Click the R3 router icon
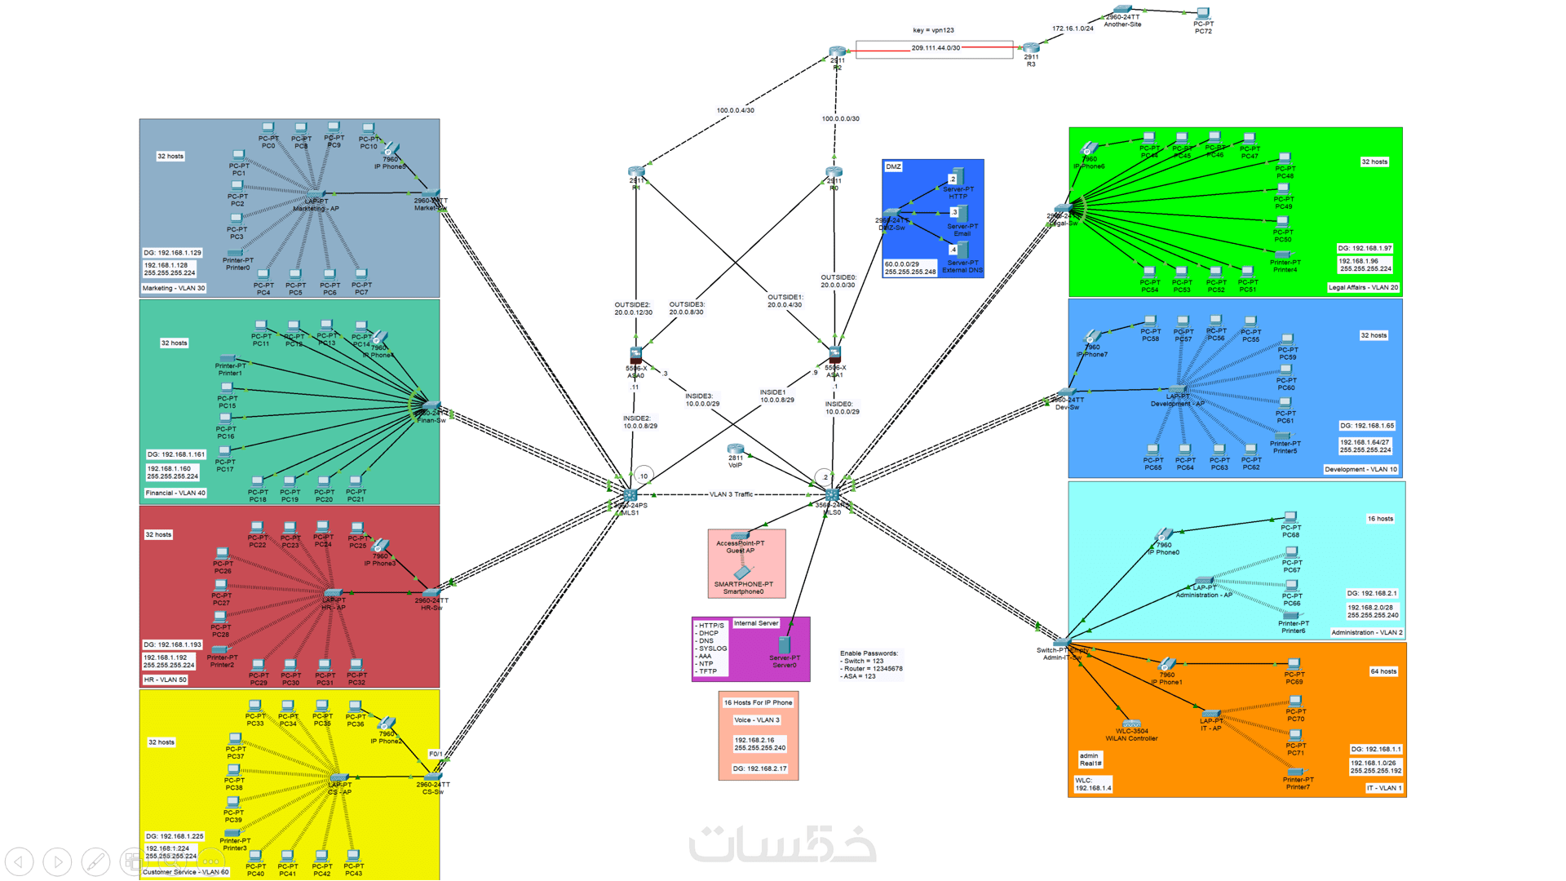tap(1031, 47)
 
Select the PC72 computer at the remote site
tap(1203, 14)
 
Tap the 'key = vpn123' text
tap(933, 30)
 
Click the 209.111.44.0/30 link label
tap(936, 48)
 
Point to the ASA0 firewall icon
tap(636, 355)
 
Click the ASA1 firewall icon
tap(834, 355)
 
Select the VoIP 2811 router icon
tap(736, 449)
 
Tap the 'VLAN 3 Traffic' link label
tap(731, 494)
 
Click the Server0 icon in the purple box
tap(784, 645)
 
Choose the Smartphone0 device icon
tap(743, 573)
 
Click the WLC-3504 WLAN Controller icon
tap(1131, 723)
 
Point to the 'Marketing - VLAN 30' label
tap(174, 288)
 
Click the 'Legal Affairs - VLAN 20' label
tap(1363, 287)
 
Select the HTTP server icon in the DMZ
tap(958, 177)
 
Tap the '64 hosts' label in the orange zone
tap(1383, 671)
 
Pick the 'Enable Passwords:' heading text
tap(869, 653)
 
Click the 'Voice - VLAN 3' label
tap(757, 720)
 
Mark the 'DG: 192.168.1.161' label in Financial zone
tap(176, 454)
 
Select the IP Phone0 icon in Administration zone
tap(1164, 535)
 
